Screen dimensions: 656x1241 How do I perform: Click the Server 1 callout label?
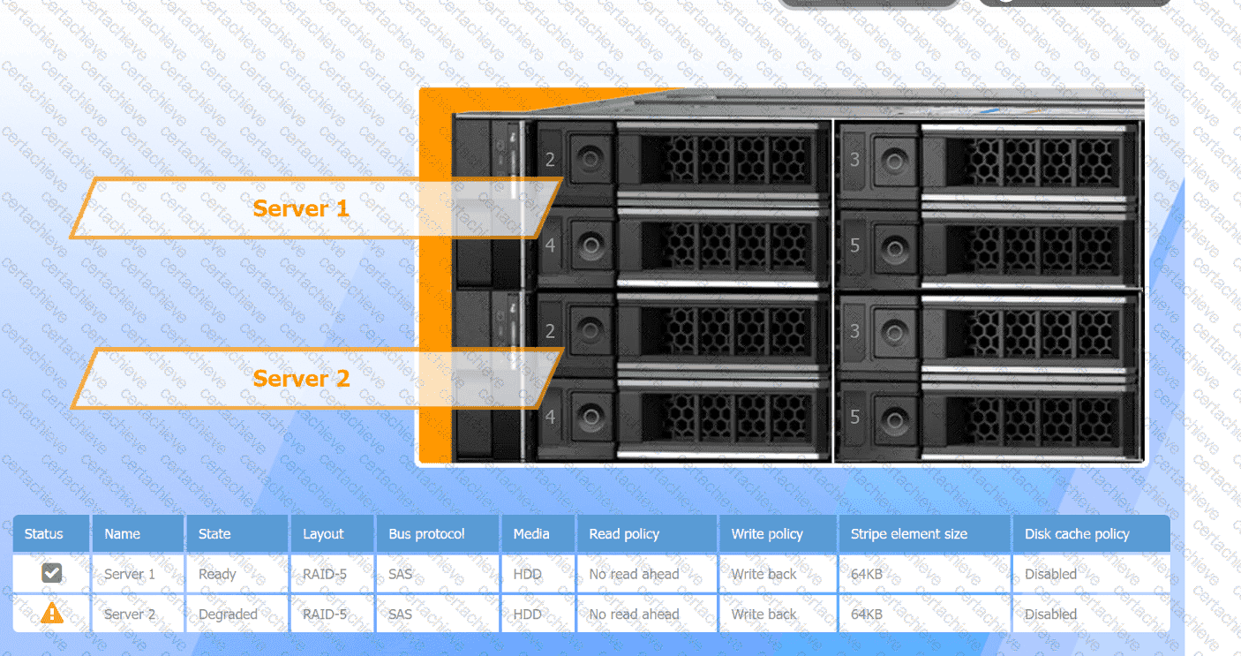tap(301, 208)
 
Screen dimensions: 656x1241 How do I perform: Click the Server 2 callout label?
tap(301, 379)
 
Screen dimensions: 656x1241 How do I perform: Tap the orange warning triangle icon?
tap(52, 613)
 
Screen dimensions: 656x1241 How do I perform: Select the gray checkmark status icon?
tap(52, 574)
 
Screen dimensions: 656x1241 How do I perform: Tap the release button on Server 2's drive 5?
tap(895, 417)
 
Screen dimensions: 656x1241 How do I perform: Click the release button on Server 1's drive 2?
tap(590, 160)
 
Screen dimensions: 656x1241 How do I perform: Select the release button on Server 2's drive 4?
tap(590, 416)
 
